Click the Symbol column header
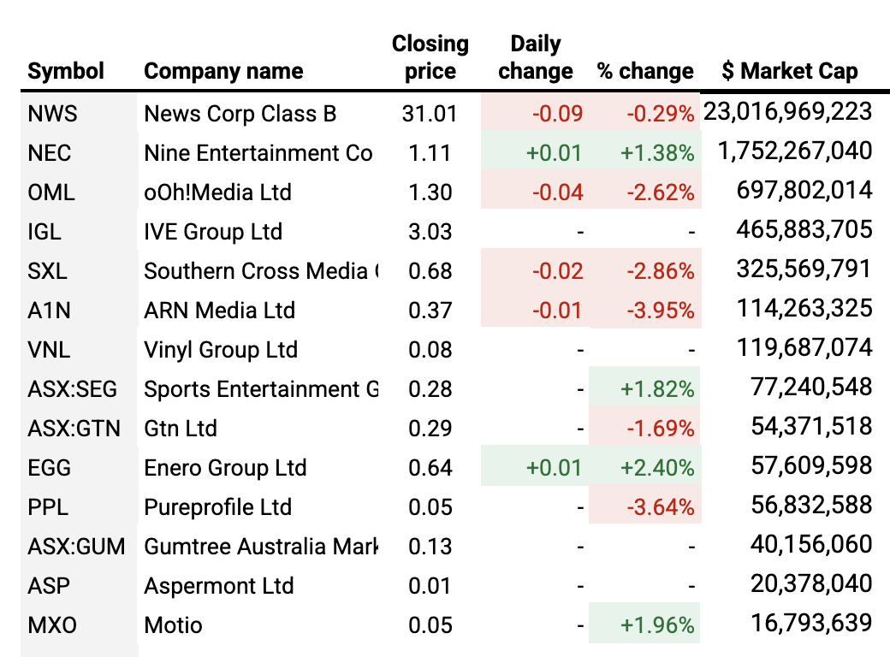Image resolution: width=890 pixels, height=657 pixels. tap(66, 71)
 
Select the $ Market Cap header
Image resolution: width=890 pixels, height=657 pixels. tap(789, 71)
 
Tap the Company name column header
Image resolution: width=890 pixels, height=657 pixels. tap(223, 71)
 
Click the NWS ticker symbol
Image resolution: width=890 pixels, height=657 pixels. tap(50, 114)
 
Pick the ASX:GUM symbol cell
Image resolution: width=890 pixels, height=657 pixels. tap(76, 547)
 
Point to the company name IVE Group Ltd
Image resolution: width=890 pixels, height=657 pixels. tap(213, 232)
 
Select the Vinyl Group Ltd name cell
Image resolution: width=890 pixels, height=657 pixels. tap(221, 350)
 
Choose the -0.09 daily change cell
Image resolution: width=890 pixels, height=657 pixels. tap(557, 114)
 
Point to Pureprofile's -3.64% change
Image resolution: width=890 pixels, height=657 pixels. tap(660, 507)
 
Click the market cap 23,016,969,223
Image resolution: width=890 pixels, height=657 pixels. tap(787, 112)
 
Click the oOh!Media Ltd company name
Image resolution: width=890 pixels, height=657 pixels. tap(217, 192)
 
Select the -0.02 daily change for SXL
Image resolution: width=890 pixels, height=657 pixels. tap(557, 271)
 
